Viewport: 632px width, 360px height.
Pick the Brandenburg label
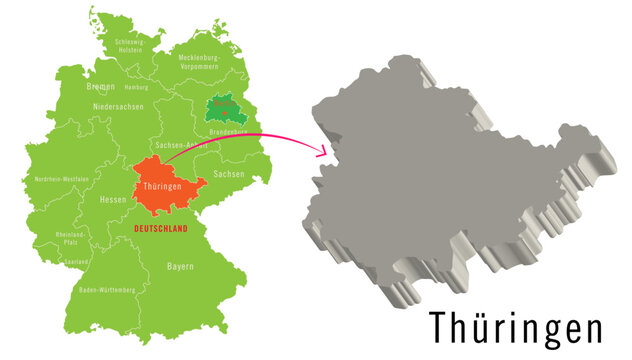pos(227,132)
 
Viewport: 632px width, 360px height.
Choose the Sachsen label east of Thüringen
pos(229,175)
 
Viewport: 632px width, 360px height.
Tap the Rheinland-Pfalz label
pos(72,238)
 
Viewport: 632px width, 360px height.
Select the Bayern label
pos(180,267)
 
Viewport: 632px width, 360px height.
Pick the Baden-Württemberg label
pos(105,290)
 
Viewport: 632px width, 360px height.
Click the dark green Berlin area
pos(226,110)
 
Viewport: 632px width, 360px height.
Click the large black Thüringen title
pos(516,327)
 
